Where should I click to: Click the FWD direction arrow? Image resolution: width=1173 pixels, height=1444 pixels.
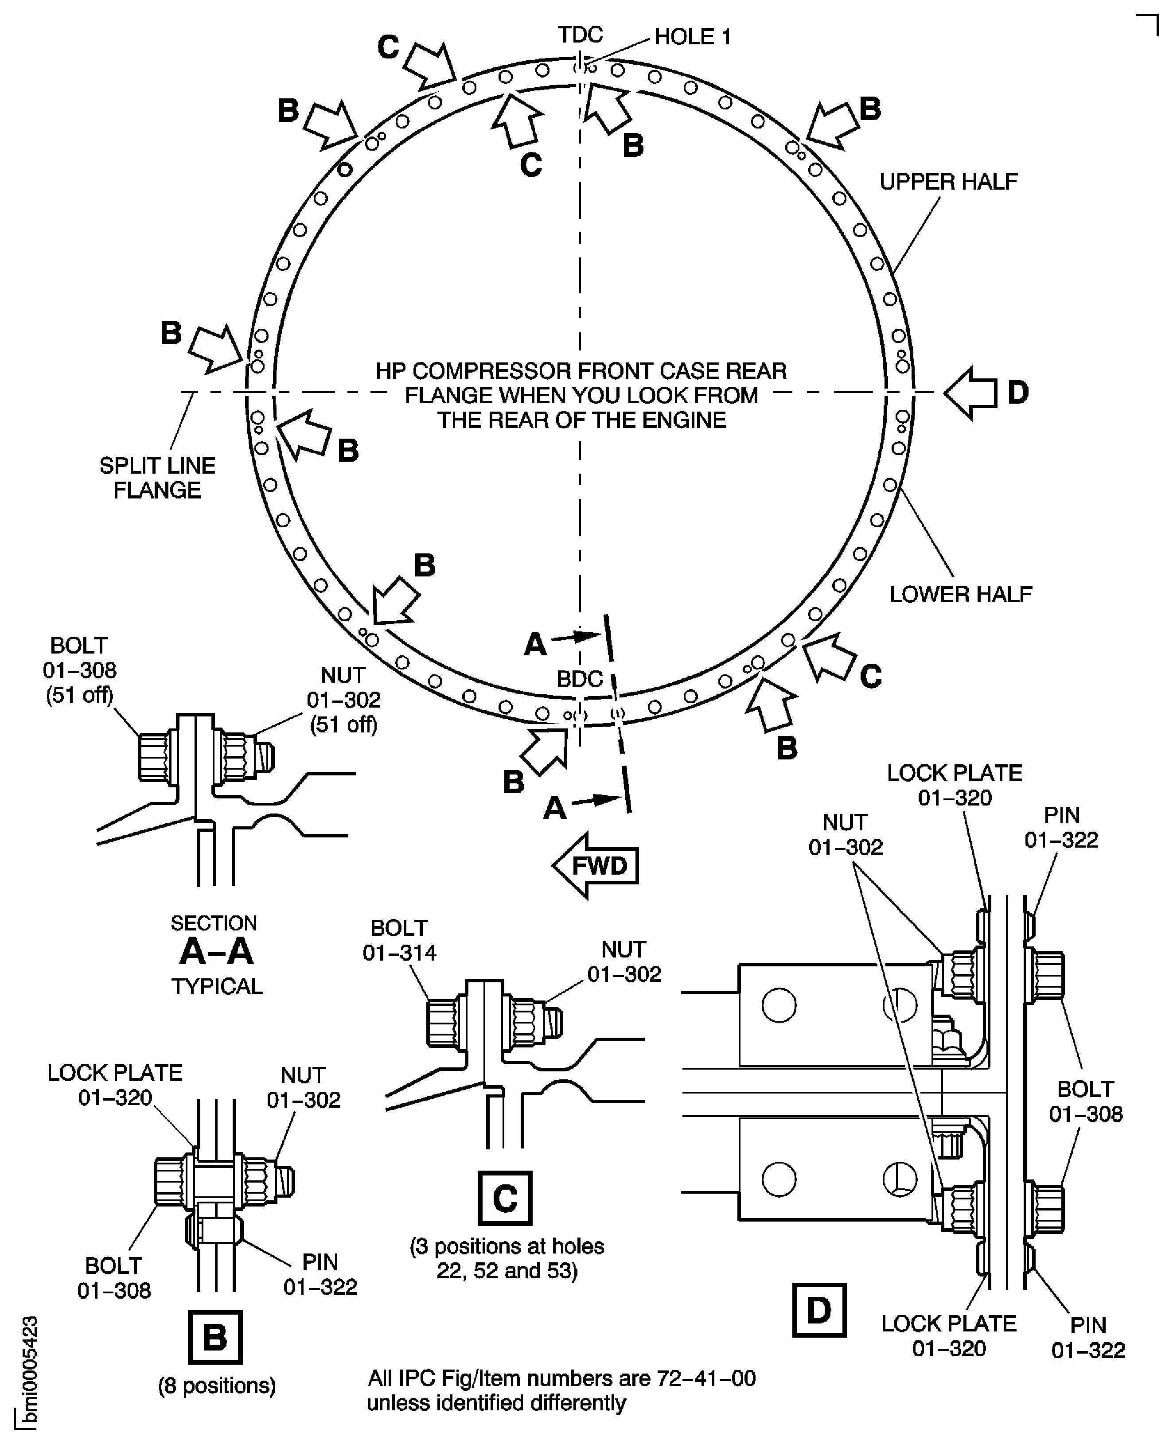(595, 866)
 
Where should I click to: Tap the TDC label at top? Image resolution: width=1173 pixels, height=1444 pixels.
(580, 35)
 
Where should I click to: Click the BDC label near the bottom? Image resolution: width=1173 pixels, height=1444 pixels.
(579, 678)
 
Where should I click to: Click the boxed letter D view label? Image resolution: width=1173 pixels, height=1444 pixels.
(819, 1310)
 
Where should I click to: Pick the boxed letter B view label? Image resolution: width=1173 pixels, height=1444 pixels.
(215, 1337)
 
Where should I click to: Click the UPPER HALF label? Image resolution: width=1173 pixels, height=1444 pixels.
(948, 182)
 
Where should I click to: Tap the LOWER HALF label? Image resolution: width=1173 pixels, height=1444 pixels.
(960, 594)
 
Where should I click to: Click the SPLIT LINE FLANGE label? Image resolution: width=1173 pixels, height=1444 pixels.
(157, 478)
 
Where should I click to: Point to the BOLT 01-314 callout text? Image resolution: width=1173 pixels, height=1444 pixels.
(399, 940)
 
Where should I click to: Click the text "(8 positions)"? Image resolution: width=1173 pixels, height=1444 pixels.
(217, 1386)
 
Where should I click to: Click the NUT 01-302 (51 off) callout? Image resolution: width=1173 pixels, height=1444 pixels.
(344, 700)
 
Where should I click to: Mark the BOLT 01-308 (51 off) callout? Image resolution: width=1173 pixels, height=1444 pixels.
(80, 670)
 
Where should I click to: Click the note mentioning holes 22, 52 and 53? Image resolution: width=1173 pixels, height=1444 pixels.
(507, 1258)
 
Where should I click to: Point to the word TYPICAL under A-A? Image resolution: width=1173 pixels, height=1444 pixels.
(217, 987)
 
